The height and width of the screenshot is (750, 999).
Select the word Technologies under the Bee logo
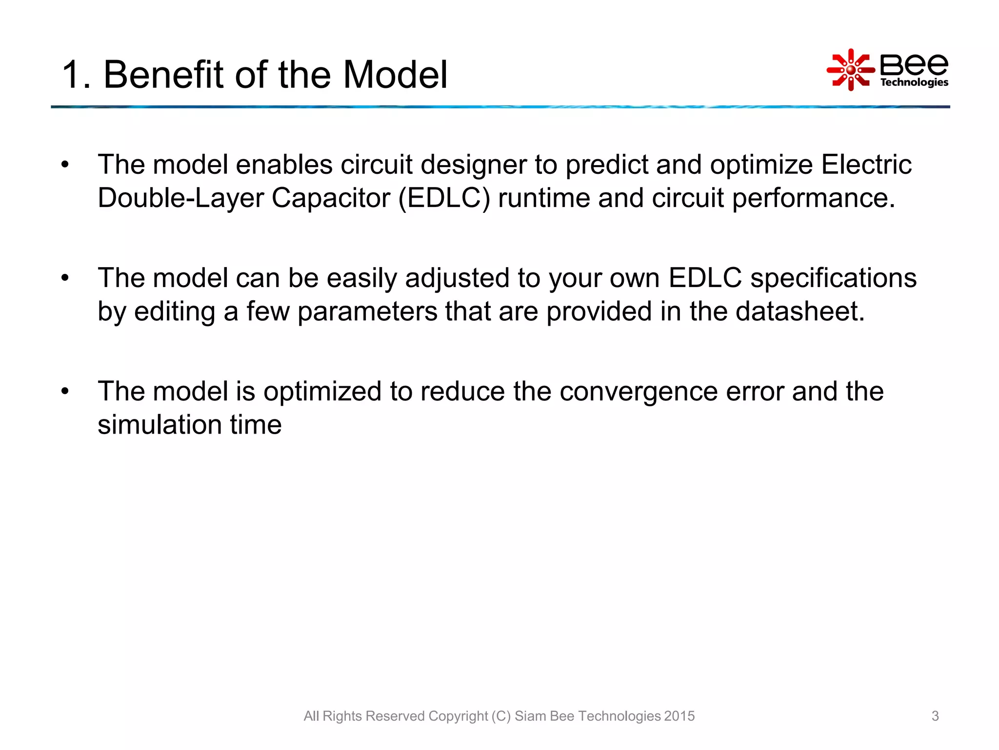[914, 82]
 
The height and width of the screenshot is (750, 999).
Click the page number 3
[935, 716]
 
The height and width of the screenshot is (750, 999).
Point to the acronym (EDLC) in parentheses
[444, 198]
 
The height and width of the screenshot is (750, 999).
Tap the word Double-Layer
[180, 198]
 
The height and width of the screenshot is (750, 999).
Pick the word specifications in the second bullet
[833, 278]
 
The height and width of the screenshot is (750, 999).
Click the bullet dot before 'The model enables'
[65, 165]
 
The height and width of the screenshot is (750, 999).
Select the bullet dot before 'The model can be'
[65, 278]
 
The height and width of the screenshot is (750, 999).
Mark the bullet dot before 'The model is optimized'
[65, 392]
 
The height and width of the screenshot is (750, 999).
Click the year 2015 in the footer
[679, 716]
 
